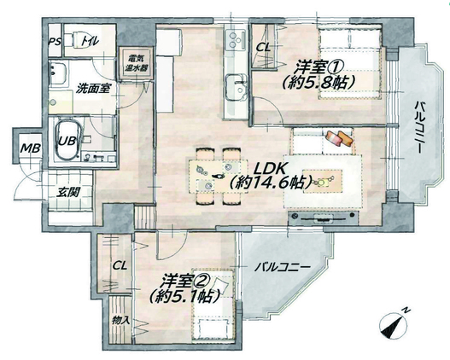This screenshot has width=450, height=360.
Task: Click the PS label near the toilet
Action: (x=55, y=42)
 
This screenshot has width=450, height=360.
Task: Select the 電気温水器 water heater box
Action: (x=134, y=63)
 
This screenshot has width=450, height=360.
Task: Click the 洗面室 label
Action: (x=93, y=89)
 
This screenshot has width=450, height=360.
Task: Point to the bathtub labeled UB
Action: (x=67, y=140)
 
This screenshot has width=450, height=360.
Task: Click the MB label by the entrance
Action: (x=31, y=148)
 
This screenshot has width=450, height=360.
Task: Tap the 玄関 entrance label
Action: (x=67, y=192)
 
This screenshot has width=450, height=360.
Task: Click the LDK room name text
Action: (x=270, y=169)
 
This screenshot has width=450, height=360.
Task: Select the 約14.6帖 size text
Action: (x=271, y=183)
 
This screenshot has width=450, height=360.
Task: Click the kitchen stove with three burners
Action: (x=236, y=39)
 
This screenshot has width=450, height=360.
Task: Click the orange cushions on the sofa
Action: (x=340, y=138)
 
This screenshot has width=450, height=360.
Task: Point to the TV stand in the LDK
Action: (x=323, y=218)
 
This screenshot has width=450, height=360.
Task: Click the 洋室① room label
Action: (x=319, y=68)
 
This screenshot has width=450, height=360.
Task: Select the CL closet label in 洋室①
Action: (x=263, y=47)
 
